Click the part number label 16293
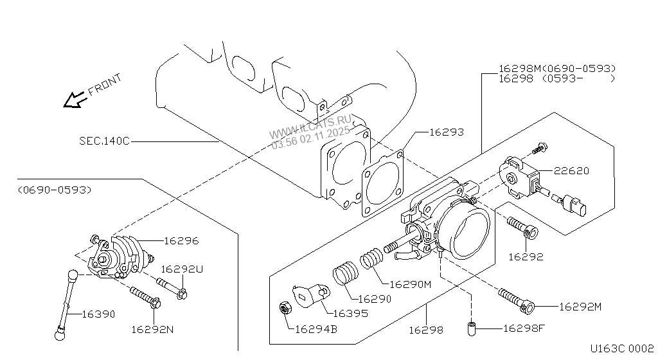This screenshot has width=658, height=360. pos(447,132)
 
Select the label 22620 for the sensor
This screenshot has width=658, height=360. pos(571,171)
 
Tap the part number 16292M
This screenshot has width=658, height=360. pos(580,307)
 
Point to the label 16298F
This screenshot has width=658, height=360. pos(524,328)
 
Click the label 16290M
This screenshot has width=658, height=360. pos(411,285)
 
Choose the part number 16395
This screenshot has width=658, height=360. pos(350,314)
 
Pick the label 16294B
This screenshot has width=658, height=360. pos(316,329)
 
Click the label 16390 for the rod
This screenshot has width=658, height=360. pos(98,314)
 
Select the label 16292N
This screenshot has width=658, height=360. pos(152,330)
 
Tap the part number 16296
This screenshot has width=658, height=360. pos(181,241)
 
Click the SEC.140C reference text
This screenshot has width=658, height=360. pos(105,141)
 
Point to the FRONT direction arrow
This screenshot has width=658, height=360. pos(75,100)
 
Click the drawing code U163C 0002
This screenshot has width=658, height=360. pos(622,348)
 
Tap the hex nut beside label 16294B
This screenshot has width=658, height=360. pos(286,309)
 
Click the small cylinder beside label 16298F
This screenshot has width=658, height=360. pos(472,328)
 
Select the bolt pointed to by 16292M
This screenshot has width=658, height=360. pos(516,301)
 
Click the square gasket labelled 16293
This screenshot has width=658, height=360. pos(382,185)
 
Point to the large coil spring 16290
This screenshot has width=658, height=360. pos(345,273)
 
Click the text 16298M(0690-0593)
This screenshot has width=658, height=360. pos(557,68)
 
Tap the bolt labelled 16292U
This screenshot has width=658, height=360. pos(172,288)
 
